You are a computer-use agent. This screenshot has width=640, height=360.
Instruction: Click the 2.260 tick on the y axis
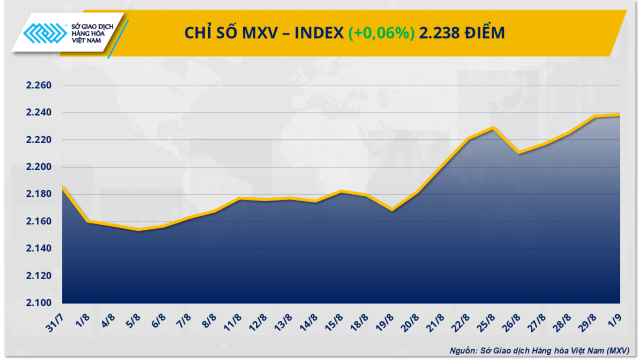(x=38, y=86)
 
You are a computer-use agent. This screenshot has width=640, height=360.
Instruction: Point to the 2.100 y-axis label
(x=38, y=303)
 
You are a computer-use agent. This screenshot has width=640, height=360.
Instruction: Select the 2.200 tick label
(x=38, y=167)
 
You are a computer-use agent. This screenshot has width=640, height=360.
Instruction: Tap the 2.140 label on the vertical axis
(x=38, y=249)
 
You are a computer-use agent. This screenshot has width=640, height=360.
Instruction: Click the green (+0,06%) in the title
(x=381, y=33)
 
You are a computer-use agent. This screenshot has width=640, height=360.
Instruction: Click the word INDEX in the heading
(x=319, y=33)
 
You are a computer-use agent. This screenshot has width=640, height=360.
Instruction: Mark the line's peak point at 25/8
(x=492, y=128)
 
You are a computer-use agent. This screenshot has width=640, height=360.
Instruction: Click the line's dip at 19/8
(x=392, y=210)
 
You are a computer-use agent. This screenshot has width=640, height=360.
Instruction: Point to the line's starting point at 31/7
(x=63, y=187)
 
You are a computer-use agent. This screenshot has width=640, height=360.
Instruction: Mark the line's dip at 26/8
(x=519, y=153)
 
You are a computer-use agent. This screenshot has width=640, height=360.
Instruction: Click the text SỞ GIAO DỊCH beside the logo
(x=92, y=25)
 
